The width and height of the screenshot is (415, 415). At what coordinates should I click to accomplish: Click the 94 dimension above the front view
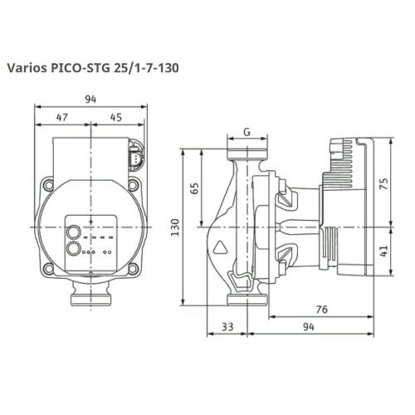pos(90,99)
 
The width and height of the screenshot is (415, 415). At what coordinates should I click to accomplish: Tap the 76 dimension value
pos(323,310)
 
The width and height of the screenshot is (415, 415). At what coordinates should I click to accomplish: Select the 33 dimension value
pos(227,327)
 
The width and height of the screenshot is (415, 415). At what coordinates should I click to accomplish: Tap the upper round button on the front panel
pos(72,232)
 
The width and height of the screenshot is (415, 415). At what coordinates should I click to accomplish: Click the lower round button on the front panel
pos(72,247)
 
